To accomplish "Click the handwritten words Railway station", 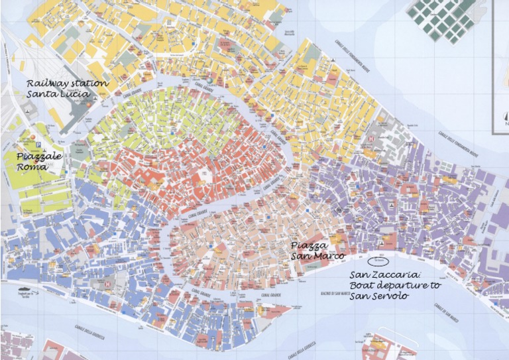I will pos(68,84).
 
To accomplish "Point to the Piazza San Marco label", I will pos(318,251).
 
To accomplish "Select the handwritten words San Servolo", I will pos(379,296).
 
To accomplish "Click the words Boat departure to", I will pos(395,285).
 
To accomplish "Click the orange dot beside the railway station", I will pos(85,95).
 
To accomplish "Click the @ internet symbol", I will pos(339,210).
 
